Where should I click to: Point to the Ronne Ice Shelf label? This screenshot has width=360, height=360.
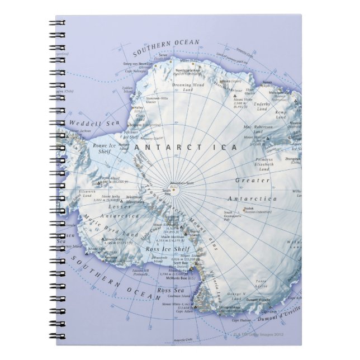tap(104, 146)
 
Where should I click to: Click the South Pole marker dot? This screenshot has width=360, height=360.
tap(173, 190)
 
